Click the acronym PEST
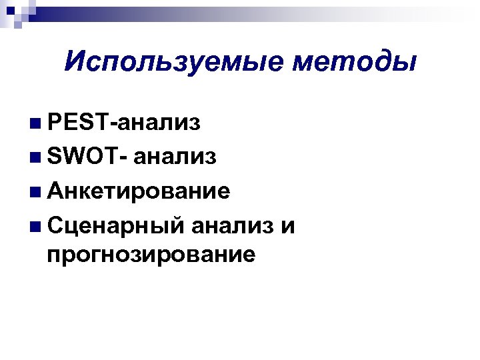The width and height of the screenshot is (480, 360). pyautogui.click(x=79, y=122)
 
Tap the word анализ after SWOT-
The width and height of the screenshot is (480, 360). pyautogui.click(x=174, y=157)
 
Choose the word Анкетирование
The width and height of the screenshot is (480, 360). pyautogui.click(x=139, y=191)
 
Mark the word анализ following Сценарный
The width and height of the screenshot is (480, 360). pyautogui.click(x=233, y=226)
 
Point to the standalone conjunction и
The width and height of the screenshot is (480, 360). pyautogui.click(x=287, y=226)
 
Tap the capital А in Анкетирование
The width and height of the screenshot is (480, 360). pyautogui.click(x=56, y=191)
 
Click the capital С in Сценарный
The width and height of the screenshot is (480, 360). pyautogui.click(x=56, y=226)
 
